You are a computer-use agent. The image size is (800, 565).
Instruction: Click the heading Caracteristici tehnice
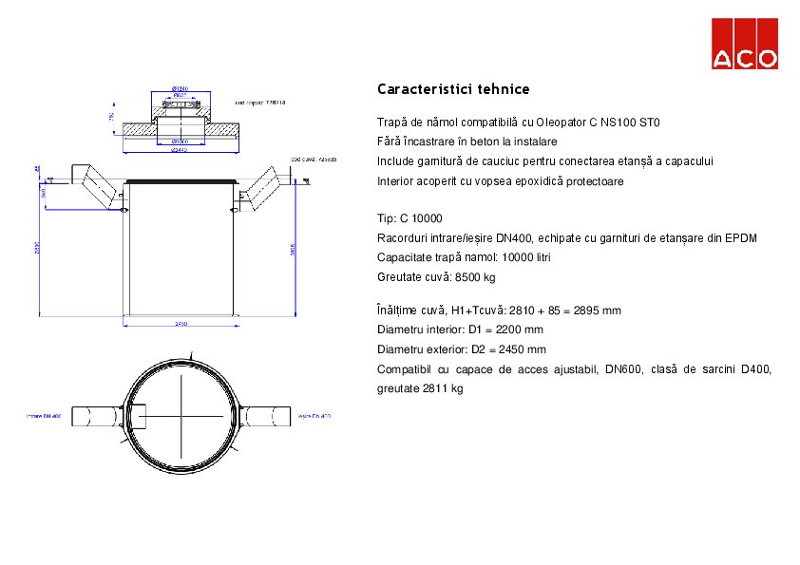(x=453, y=89)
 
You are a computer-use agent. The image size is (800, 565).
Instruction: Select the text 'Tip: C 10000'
(x=410, y=218)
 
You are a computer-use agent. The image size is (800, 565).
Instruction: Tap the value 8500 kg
(x=476, y=277)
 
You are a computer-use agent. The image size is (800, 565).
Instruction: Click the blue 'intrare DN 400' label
(x=44, y=416)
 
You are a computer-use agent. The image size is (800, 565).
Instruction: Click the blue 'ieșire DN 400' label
(x=314, y=416)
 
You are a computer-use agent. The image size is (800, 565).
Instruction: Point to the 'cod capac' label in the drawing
(x=259, y=100)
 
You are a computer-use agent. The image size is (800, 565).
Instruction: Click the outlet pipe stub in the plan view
(x=267, y=416)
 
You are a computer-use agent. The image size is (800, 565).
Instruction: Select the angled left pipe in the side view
(x=99, y=188)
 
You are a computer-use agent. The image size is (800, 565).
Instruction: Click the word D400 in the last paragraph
(x=756, y=369)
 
